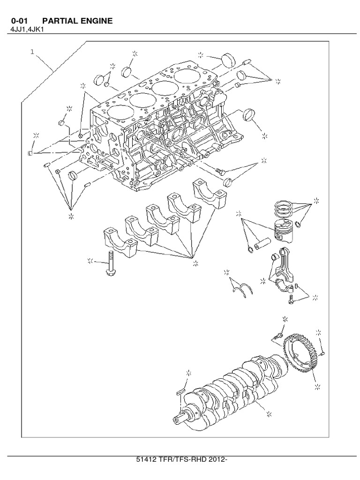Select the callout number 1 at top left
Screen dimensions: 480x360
click(x=32, y=52)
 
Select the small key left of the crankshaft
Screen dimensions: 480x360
click(x=181, y=391)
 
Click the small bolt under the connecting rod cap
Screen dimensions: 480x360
click(x=291, y=298)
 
